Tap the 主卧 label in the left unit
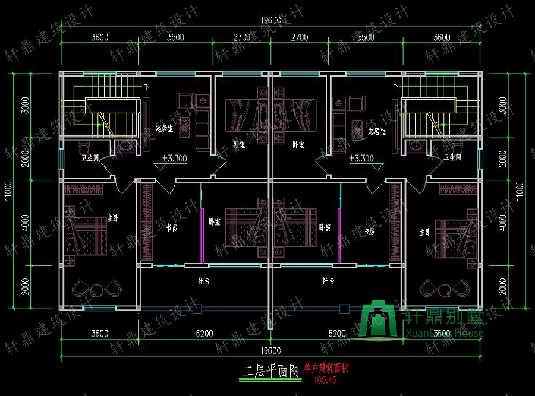[113, 218]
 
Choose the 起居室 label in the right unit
[377, 132]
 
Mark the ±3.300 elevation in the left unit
[174, 159]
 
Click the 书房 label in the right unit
[369, 230]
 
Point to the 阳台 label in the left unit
[203, 281]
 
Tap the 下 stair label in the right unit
[396, 87]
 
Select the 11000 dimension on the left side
[8, 191]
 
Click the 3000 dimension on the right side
[502, 105]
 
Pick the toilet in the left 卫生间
[84, 146]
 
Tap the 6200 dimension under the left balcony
[204, 334]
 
